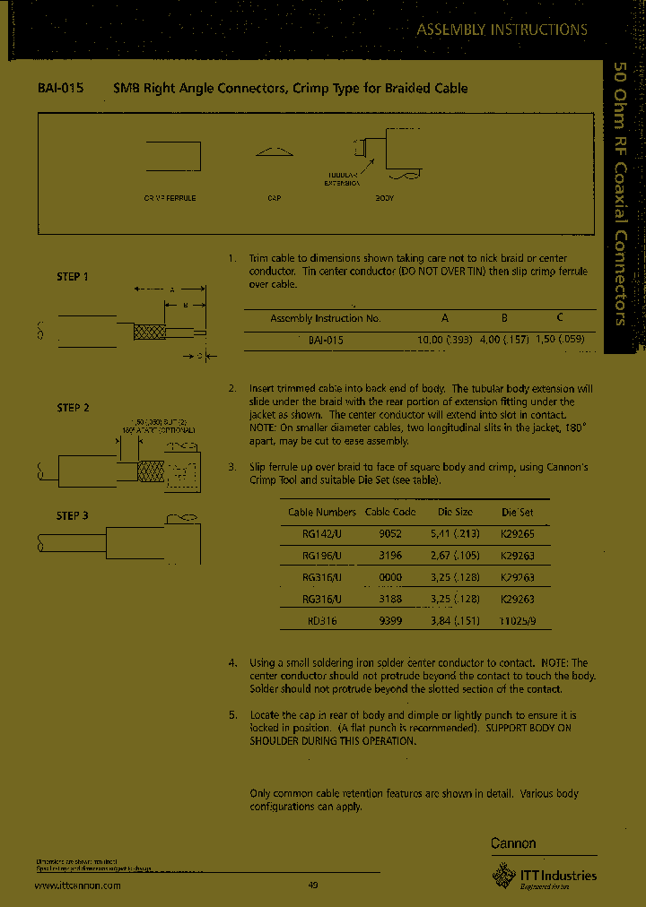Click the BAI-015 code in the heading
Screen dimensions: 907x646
pyautogui.click(x=62, y=89)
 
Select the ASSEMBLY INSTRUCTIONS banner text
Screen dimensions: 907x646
pyautogui.click(x=502, y=30)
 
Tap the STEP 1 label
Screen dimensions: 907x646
pyautogui.click(x=73, y=277)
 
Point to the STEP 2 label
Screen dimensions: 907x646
pyautogui.click(x=73, y=408)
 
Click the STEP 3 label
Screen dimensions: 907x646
pyautogui.click(x=73, y=515)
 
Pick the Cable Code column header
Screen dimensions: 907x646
pyautogui.click(x=390, y=513)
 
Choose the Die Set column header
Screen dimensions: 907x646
pyautogui.click(x=516, y=513)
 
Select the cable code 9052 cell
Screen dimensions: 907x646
pyautogui.click(x=389, y=533)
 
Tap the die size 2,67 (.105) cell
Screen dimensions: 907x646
pyautogui.click(x=454, y=556)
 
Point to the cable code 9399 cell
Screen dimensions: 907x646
pyautogui.click(x=389, y=620)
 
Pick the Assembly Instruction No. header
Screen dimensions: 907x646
pyautogui.click(x=326, y=318)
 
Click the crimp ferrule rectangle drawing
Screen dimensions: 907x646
pyautogui.click(x=172, y=156)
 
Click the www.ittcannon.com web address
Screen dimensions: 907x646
pyautogui.click(x=78, y=885)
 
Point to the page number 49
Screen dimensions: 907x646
pyautogui.click(x=313, y=885)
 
